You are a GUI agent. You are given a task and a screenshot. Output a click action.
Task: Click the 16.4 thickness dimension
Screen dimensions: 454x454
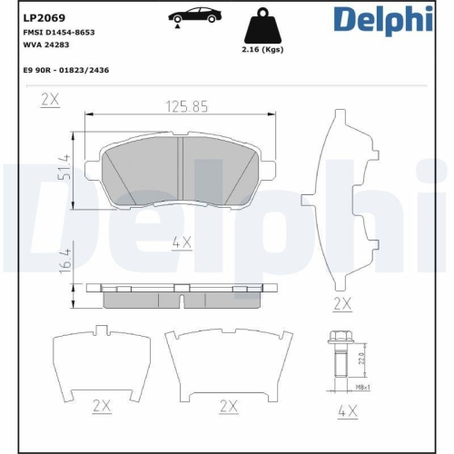[x=64, y=270]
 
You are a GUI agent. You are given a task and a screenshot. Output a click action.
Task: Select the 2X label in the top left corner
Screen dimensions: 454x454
[x=50, y=101]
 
